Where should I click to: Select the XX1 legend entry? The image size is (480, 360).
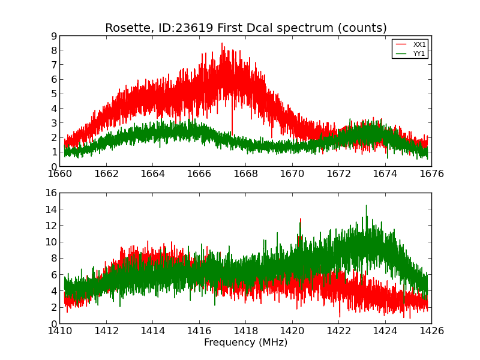point(419,44)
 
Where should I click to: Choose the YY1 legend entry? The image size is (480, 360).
point(419,53)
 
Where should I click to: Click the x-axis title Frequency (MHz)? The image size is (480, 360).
point(245,343)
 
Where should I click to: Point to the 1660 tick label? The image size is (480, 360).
point(60,174)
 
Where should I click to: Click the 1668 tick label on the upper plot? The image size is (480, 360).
point(245,174)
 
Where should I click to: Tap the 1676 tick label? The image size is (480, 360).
point(431,174)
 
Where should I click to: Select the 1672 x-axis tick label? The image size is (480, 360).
point(338,174)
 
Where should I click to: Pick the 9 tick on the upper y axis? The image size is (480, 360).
point(54,36)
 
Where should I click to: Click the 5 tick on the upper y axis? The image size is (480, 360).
point(54,94)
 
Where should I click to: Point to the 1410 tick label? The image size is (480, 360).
point(60,331)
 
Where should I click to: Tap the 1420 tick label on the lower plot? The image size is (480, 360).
point(292,331)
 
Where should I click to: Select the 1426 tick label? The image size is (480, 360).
point(431,331)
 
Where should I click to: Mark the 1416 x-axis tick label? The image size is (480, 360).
point(199,331)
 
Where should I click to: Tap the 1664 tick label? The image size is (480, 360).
point(152,174)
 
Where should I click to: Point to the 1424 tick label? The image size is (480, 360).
point(385,331)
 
